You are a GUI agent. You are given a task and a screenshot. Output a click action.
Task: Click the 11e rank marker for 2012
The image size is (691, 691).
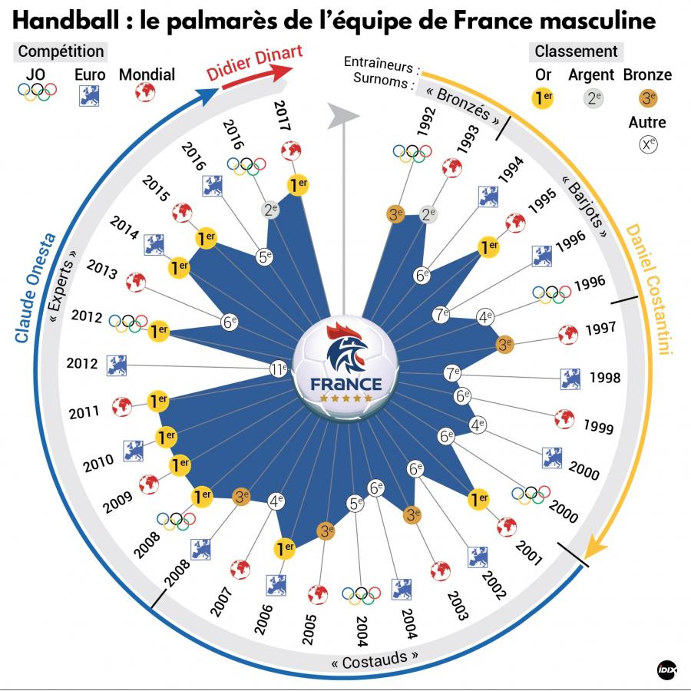(x=279, y=369)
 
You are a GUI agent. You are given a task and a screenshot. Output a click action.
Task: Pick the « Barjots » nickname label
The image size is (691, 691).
(x=586, y=207)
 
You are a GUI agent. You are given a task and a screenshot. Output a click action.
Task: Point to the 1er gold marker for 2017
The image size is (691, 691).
(x=296, y=184)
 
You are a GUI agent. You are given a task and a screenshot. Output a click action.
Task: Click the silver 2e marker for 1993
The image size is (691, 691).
(x=428, y=215)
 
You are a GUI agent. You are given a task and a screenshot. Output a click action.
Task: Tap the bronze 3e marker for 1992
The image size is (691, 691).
(x=397, y=216)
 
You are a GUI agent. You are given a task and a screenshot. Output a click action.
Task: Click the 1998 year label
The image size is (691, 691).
(x=604, y=379)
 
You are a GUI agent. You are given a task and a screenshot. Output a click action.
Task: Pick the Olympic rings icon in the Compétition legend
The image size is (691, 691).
(x=38, y=92)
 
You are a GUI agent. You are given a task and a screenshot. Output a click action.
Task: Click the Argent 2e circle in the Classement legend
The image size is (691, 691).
(x=591, y=97)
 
